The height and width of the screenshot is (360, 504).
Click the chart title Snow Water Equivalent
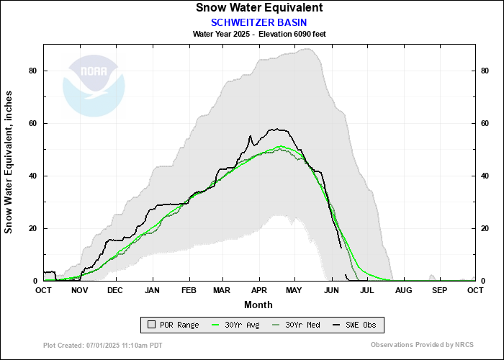pyautogui.click(x=259, y=8)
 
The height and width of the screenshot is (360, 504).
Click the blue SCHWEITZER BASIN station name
pyautogui.click(x=259, y=22)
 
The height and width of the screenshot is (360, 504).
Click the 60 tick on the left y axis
pyautogui.click(x=33, y=123)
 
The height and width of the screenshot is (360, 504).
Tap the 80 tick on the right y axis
pyautogui.click(x=486, y=71)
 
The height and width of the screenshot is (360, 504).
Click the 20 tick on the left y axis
pyautogui.click(x=33, y=228)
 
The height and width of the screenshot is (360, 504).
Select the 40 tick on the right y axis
pyautogui.click(x=486, y=176)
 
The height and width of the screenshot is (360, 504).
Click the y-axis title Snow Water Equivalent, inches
pyautogui.click(x=9, y=162)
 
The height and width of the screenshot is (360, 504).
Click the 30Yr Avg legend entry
pyautogui.click(x=233, y=325)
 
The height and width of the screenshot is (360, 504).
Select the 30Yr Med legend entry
pyautogui.click(x=297, y=325)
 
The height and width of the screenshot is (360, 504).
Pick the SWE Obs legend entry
pyautogui.click(x=356, y=325)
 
